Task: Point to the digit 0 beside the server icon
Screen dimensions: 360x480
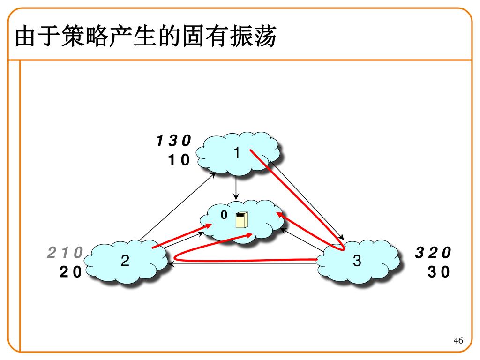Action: coord(224,215)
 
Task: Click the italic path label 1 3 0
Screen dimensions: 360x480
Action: coord(173,141)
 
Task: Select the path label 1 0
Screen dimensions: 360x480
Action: coord(179,160)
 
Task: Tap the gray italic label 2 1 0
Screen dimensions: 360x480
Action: coord(65,253)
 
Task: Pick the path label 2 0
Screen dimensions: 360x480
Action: coord(70,272)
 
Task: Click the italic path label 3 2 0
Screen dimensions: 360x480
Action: coord(433,253)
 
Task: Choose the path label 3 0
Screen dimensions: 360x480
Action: coord(438,272)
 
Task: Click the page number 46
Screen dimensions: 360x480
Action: coord(458,341)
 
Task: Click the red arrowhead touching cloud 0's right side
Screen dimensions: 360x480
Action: coord(281,214)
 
